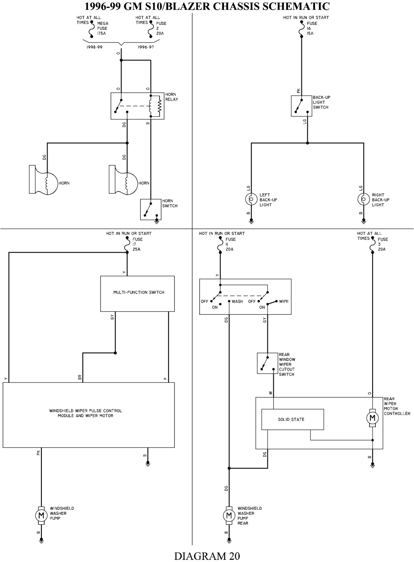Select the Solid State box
(x=292, y=420)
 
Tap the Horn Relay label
(x=171, y=97)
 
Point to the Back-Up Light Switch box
(x=301, y=106)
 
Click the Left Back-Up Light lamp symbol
(x=250, y=200)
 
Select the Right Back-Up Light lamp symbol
(x=363, y=200)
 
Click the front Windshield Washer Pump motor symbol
(x=41, y=515)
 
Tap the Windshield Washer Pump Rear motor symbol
(x=228, y=515)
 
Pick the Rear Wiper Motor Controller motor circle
(x=372, y=418)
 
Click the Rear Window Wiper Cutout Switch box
(x=267, y=363)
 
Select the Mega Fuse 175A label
(x=102, y=28)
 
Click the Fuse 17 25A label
(x=137, y=244)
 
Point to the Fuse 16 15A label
(x=311, y=28)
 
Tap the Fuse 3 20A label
(x=383, y=244)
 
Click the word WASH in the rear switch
(x=237, y=302)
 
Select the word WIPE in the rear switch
(x=284, y=302)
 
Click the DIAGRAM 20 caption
(x=207, y=555)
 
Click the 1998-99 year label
(x=94, y=47)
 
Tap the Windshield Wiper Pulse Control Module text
(x=86, y=413)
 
